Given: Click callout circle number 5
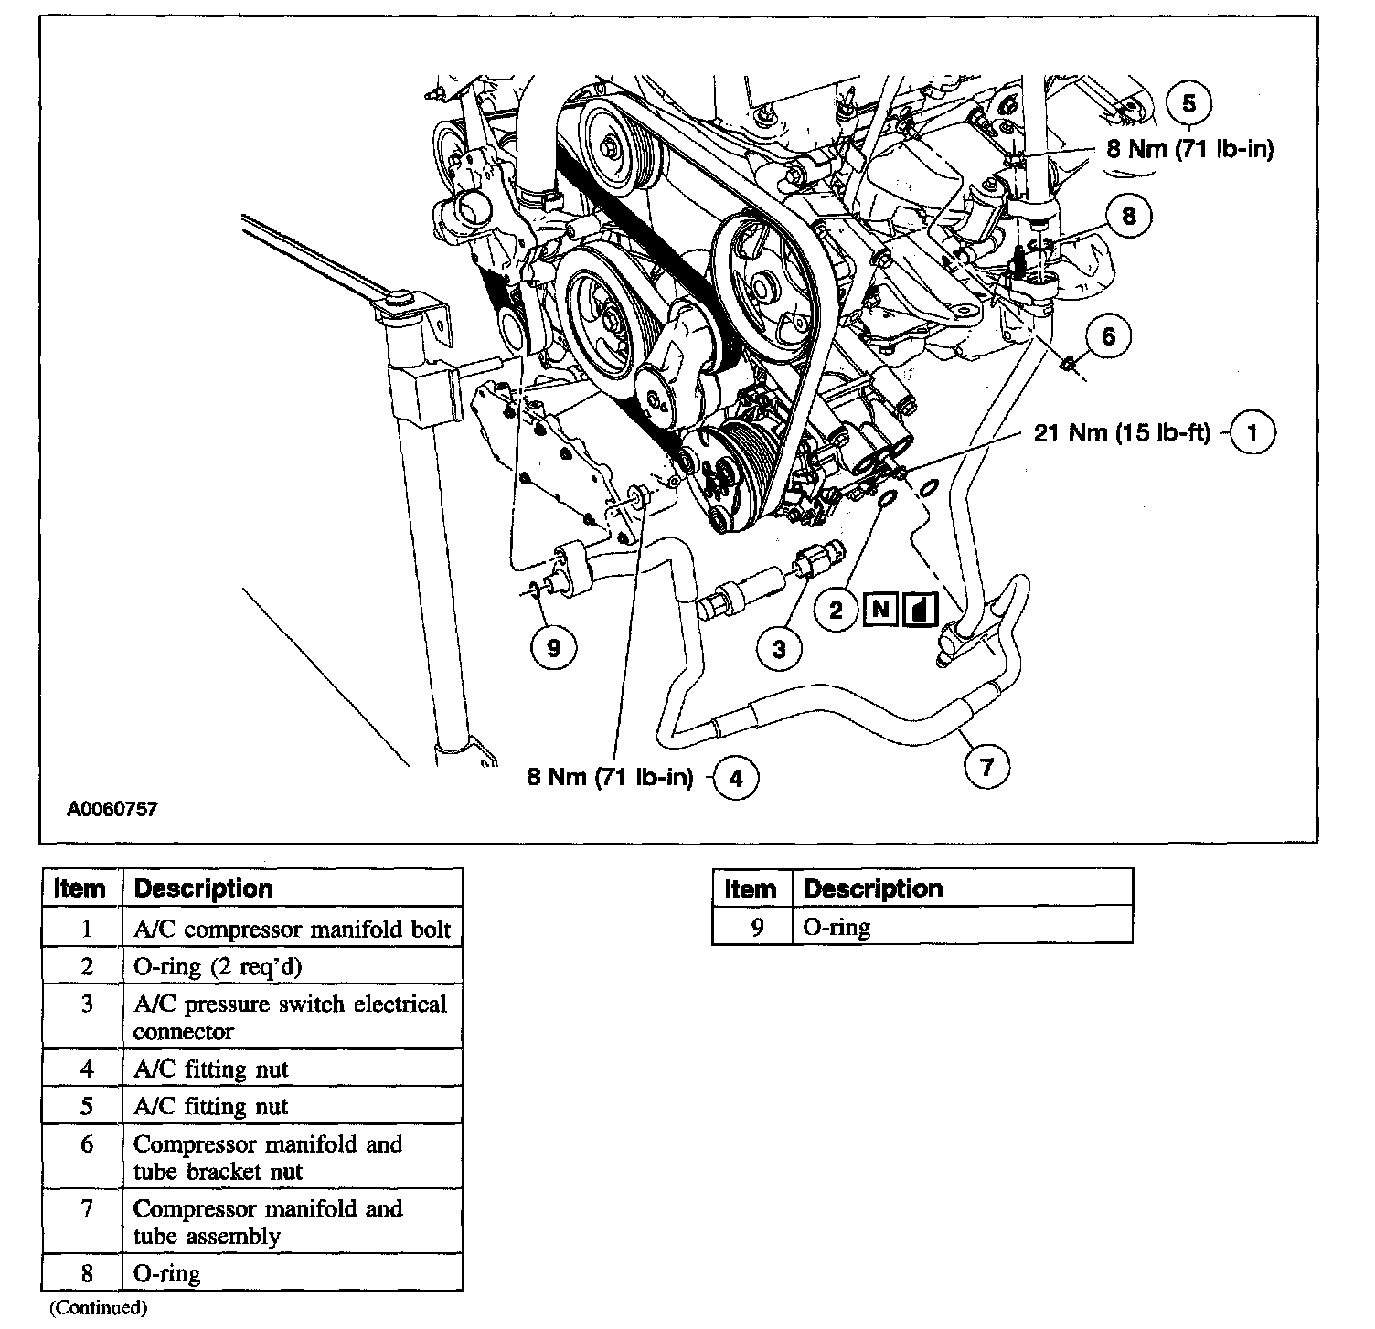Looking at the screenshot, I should [x=1189, y=103].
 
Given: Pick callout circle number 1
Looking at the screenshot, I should [x=1252, y=432].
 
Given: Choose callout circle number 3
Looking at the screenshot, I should [x=779, y=648].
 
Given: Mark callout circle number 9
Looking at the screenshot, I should [x=553, y=648].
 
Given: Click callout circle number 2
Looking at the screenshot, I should [x=836, y=609].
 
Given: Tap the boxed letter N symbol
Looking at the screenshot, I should [x=881, y=609].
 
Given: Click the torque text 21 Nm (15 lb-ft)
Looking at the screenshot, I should [x=1121, y=432].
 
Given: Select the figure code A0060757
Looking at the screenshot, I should [x=112, y=809].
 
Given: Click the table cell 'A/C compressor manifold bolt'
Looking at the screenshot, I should [x=292, y=930].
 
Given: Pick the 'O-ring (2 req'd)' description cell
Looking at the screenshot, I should [x=292, y=966].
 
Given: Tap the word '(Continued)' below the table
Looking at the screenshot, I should [x=97, y=1307].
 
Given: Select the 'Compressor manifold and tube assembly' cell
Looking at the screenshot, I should [x=292, y=1222].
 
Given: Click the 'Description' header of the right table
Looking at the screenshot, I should [x=872, y=888].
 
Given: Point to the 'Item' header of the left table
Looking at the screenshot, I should [x=80, y=888].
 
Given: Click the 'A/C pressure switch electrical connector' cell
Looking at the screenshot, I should [x=292, y=1017].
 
